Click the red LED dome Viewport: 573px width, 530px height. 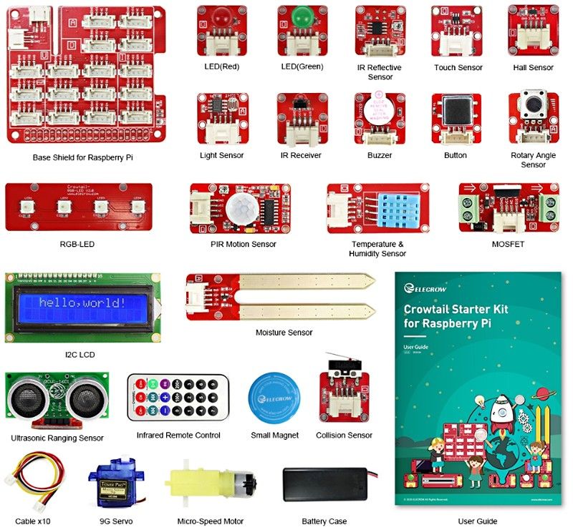[x=221, y=16]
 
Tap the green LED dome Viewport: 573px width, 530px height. [x=302, y=16]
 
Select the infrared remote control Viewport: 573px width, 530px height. [x=178, y=397]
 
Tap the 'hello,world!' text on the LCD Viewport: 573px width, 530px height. [x=82, y=303]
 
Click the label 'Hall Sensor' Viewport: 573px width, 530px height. [x=533, y=68]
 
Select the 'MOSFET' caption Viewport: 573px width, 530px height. [x=508, y=245]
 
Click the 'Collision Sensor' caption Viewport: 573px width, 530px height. [x=344, y=436]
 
